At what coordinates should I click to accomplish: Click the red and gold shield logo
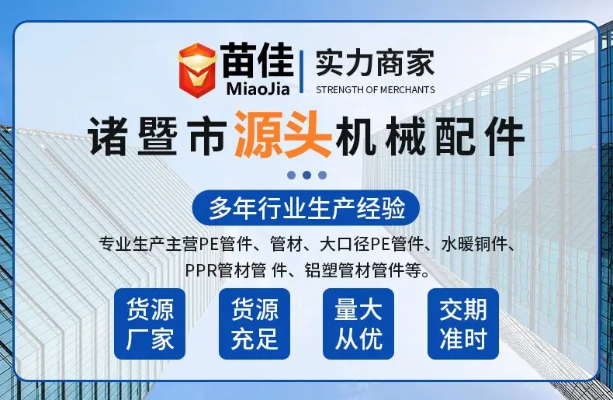[x=197, y=70]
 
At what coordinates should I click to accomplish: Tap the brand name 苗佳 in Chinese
[x=257, y=61]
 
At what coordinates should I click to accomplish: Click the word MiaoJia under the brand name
[x=258, y=89]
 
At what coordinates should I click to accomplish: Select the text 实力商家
[x=375, y=64]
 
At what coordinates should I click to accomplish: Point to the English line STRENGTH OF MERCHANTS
[x=376, y=90]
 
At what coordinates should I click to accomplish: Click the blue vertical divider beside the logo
[x=301, y=71]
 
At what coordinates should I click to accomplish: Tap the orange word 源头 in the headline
[x=282, y=134]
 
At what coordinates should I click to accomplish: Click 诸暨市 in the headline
[x=158, y=137]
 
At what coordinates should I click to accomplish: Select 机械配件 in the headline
[x=430, y=137]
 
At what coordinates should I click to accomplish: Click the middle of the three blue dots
[x=306, y=175]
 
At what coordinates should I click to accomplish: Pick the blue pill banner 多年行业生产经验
[x=306, y=208]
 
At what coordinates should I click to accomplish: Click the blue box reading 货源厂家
[x=150, y=324]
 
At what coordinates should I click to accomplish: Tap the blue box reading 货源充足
[x=254, y=324]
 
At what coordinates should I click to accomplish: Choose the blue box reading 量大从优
[x=358, y=324]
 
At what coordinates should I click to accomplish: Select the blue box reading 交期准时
[x=463, y=324]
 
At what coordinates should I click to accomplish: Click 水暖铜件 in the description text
[x=474, y=245]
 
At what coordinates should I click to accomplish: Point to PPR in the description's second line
[x=201, y=270]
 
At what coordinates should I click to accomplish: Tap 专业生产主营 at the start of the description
[x=149, y=245]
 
